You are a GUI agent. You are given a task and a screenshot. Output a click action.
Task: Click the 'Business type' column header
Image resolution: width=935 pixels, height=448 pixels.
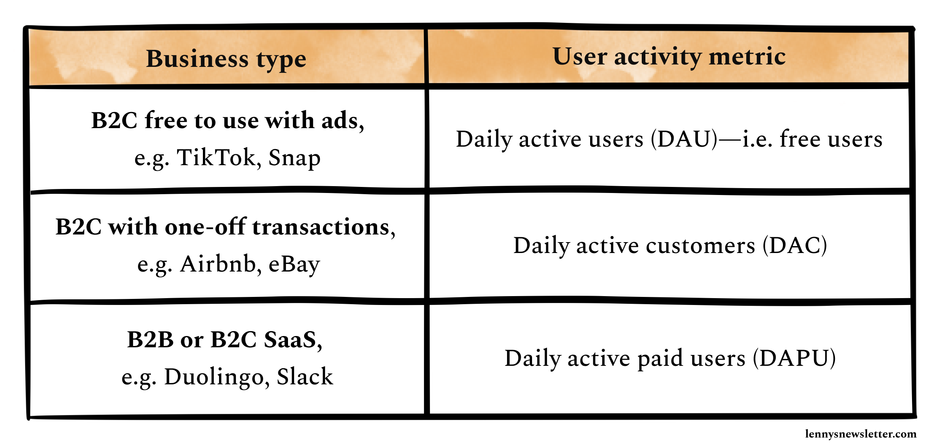pyautogui.click(x=226, y=59)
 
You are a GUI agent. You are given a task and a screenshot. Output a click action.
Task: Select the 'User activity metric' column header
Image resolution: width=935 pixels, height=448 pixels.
pyautogui.click(x=669, y=56)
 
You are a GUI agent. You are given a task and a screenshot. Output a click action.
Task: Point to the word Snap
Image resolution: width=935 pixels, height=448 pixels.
pyautogui.click(x=294, y=158)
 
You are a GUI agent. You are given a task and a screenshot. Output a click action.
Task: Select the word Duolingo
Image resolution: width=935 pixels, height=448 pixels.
pyautogui.click(x=214, y=377)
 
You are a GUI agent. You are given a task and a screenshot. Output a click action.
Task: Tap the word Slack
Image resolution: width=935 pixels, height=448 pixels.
pyautogui.click(x=305, y=377)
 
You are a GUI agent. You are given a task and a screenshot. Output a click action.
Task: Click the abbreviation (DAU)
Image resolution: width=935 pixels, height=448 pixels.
pyautogui.click(x=685, y=139)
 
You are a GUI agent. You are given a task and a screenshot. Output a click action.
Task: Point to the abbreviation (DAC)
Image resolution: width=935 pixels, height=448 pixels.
pyautogui.click(x=795, y=245)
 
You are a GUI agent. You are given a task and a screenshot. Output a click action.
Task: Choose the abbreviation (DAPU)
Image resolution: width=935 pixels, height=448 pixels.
pyautogui.click(x=794, y=358)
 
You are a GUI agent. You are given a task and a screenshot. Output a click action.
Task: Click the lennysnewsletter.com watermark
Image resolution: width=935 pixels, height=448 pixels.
pyautogui.click(x=861, y=434)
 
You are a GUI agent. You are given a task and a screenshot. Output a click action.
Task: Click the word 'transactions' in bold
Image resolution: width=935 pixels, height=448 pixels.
pyautogui.click(x=321, y=227)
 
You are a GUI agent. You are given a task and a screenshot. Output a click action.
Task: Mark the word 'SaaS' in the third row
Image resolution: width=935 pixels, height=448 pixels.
pyautogui.click(x=290, y=340)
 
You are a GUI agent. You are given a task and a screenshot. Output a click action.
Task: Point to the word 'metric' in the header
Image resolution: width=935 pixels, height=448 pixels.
pyautogui.click(x=747, y=56)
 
